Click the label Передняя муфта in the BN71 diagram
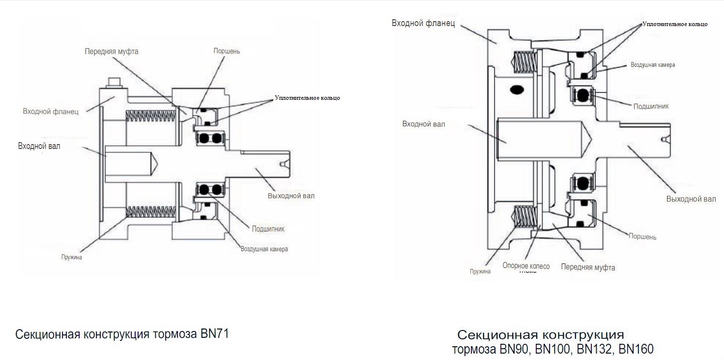[112, 52]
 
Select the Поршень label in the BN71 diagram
[227, 51]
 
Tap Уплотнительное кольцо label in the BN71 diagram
[307, 98]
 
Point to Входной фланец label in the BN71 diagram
[51, 112]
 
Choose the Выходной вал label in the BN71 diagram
[291, 196]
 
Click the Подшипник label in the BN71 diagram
[268, 229]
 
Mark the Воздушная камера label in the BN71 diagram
[264, 249]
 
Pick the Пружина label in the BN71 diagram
[72, 257]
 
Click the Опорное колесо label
[526, 266]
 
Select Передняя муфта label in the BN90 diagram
[588, 267]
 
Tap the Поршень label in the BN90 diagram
[642, 237]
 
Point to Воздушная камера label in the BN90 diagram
[653, 65]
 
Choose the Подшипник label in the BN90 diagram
[651, 106]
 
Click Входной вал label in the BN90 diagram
[423, 124]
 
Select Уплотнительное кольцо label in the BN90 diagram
[675, 24]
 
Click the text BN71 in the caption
[215, 333]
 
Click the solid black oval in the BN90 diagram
[517, 90]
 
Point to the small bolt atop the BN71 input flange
[115, 83]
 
